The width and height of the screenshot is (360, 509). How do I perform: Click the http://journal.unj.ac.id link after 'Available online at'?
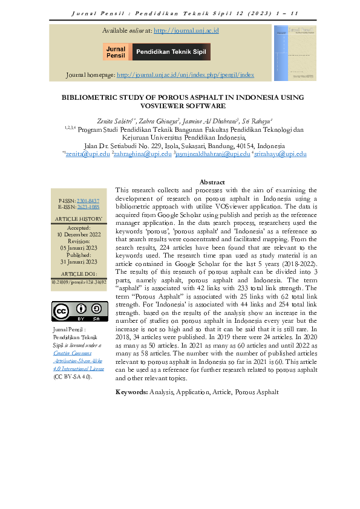tap(186, 30)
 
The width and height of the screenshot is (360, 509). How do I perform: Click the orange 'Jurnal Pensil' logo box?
tap(116, 53)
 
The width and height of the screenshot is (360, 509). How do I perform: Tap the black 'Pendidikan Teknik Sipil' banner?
tap(171, 53)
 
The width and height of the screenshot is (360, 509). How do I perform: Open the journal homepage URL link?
tap(185, 76)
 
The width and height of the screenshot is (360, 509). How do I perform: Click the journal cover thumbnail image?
tap(295, 53)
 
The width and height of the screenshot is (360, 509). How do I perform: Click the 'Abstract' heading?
tap(212, 182)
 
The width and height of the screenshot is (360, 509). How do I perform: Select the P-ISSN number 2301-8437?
tap(87, 199)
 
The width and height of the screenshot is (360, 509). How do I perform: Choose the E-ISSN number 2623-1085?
tap(87, 207)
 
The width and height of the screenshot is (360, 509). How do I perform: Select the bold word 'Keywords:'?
tap(131, 392)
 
